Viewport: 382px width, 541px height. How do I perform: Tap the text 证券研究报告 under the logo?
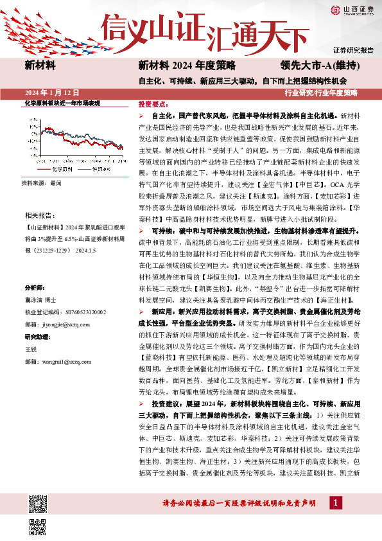click(353, 50)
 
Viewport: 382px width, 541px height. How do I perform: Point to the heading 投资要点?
click(154, 103)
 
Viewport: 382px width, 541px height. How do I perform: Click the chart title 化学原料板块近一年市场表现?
click(62, 103)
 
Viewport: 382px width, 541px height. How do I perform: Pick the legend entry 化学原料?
click(60, 169)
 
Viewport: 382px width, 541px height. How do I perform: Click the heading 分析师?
click(35, 287)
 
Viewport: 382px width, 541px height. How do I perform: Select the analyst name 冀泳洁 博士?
click(41, 299)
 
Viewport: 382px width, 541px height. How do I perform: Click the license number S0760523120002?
click(81, 312)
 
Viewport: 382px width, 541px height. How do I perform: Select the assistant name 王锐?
click(31, 350)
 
